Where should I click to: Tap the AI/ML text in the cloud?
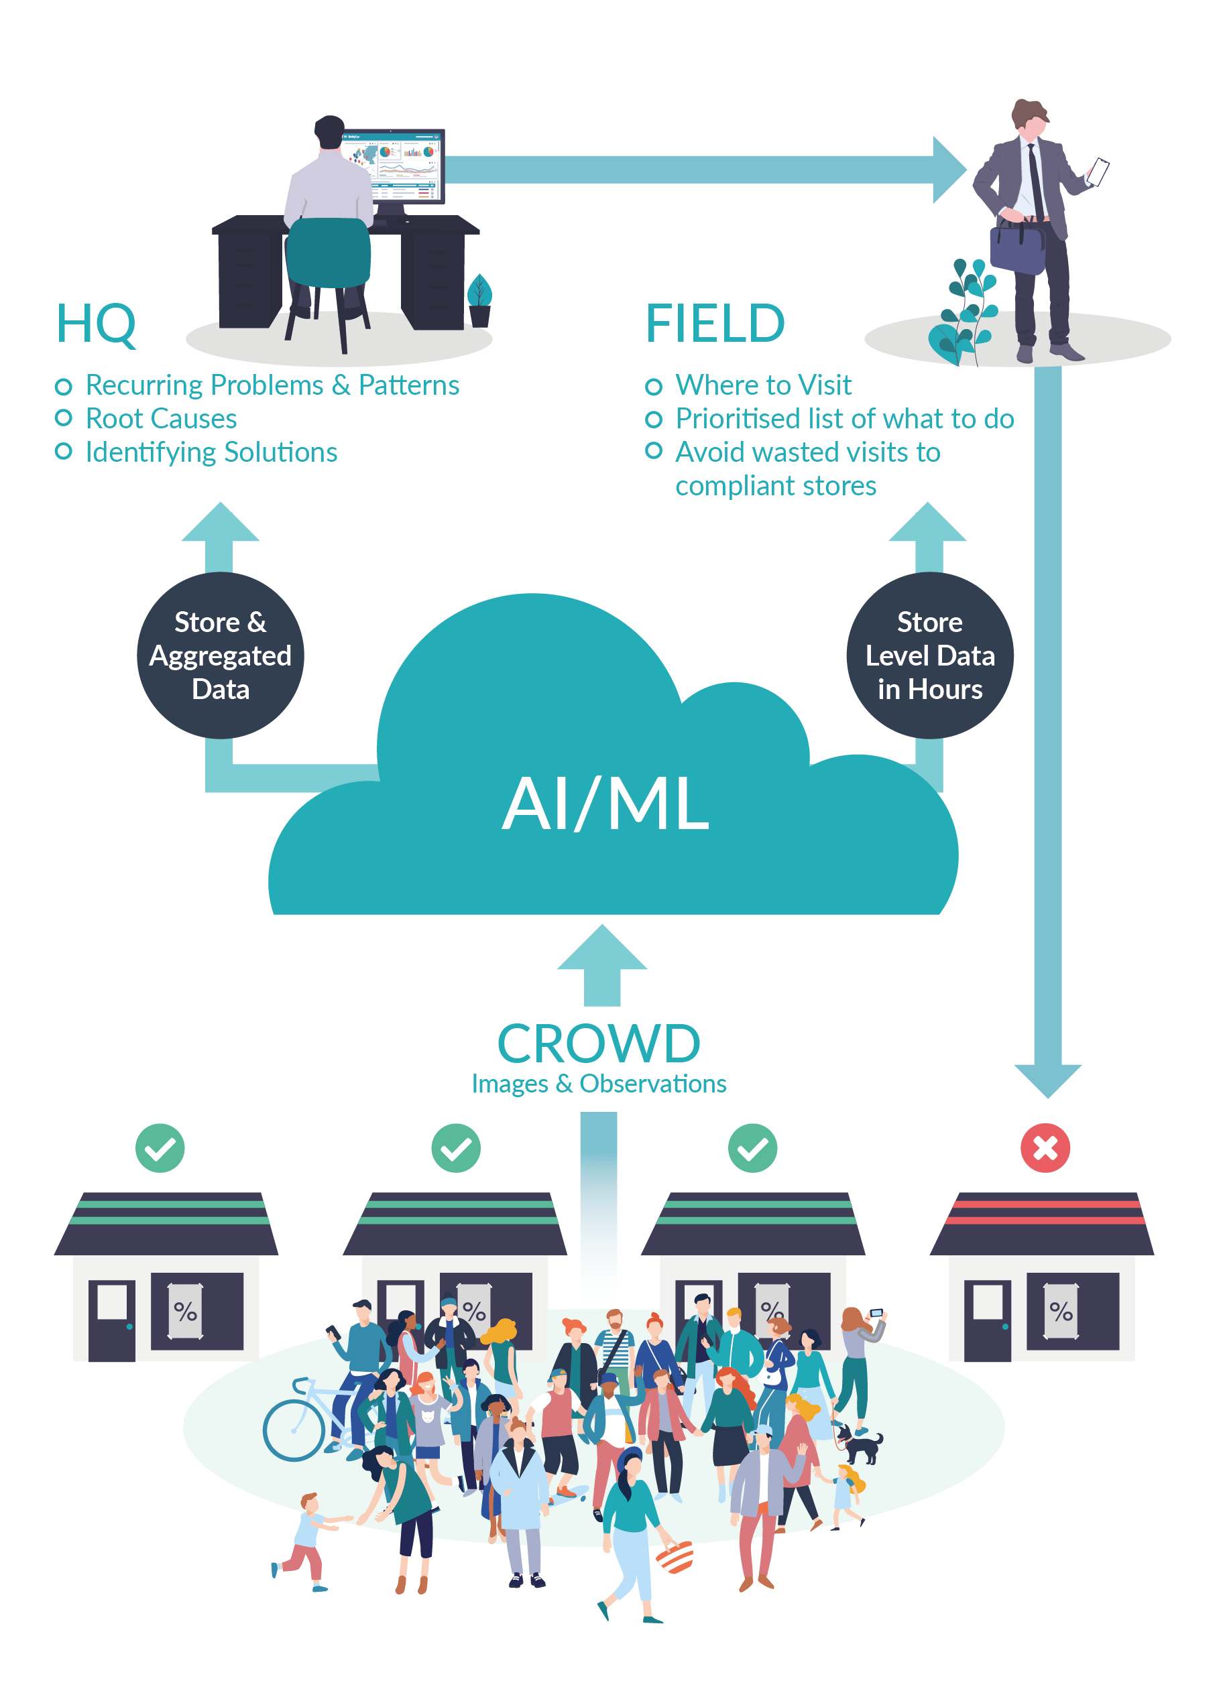click(605, 804)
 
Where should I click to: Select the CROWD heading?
click(598, 1044)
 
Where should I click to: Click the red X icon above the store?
click(1045, 1149)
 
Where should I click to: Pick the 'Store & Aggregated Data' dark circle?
click(220, 655)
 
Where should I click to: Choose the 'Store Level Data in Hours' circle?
click(929, 655)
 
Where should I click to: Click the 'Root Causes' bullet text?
click(161, 419)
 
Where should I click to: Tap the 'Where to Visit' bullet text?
click(763, 385)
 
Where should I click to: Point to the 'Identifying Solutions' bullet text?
click(211, 452)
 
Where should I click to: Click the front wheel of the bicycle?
click(294, 1430)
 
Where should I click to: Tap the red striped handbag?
click(675, 1558)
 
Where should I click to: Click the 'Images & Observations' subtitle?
click(598, 1084)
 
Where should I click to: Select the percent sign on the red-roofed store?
click(1060, 1311)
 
